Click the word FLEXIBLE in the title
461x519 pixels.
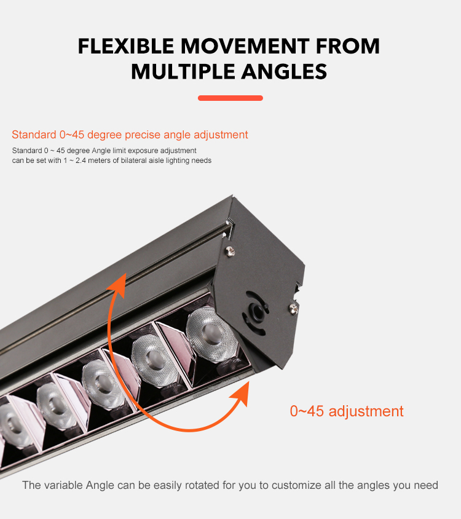[x=126, y=46]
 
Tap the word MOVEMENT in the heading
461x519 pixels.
[x=245, y=46]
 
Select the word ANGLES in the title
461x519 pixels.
[x=284, y=71]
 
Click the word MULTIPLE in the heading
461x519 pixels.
[x=183, y=71]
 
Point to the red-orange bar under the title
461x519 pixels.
[x=230, y=98]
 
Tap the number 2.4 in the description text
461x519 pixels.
[x=81, y=160]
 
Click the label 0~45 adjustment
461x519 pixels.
[x=347, y=411]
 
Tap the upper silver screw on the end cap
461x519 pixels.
[x=230, y=252]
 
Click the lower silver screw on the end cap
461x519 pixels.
[x=293, y=309]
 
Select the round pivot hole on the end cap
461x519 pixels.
[x=256, y=312]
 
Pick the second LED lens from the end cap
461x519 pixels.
[x=154, y=360]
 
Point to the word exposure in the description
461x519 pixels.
[x=143, y=151]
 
